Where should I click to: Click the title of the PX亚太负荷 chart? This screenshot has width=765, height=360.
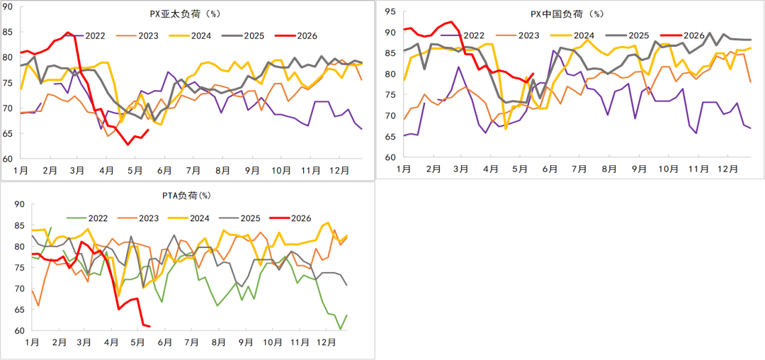point(185,13)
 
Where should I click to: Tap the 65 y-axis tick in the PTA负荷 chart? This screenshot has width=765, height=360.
point(21,310)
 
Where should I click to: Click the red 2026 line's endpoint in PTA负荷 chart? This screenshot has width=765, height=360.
point(149,327)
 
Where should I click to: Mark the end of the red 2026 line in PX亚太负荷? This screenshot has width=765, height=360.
point(148,129)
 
